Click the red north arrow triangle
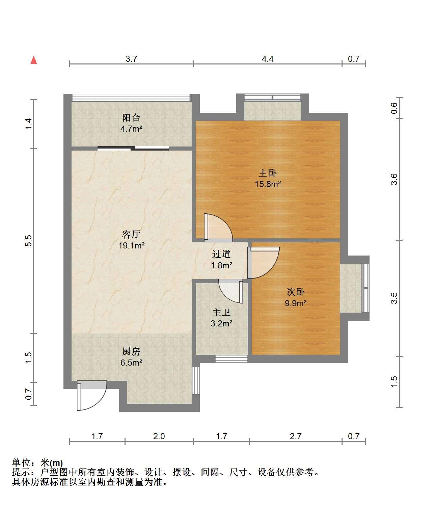(34, 60)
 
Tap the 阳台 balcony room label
(131, 118)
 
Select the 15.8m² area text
(268, 184)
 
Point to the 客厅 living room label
(131, 234)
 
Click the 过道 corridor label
(221, 254)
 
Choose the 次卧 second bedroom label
(296, 292)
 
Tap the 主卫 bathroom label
(221, 312)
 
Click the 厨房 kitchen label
(131, 351)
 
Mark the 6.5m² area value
(131, 363)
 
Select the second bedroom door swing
(263, 263)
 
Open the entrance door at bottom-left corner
(92, 395)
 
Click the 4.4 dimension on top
(268, 59)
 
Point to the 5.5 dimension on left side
(29, 241)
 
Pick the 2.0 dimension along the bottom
(159, 436)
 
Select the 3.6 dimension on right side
(394, 179)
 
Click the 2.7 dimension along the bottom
(296, 436)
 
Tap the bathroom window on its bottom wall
(231, 359)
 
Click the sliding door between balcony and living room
(133, 148)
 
